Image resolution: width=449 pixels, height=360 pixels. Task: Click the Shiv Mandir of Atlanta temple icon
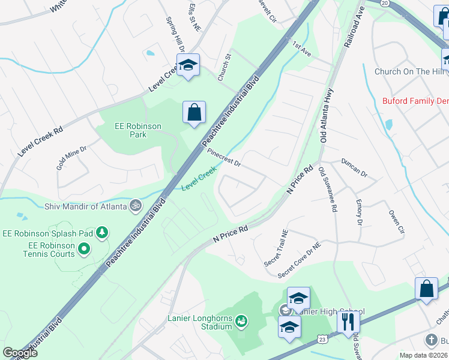(x=136, y=206)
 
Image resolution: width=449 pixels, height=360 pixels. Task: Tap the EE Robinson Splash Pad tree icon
(x=103, y=232)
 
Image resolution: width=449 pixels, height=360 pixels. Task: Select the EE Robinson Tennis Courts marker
(x=85, y=248)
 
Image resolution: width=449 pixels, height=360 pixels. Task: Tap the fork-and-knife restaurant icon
(x=348, y=322)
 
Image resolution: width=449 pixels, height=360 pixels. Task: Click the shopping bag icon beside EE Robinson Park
(x=194, y=112)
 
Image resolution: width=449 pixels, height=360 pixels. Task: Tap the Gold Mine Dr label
(x=72, y=157)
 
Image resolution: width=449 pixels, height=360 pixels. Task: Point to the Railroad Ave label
(x=354, y=28)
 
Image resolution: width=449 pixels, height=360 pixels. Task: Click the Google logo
(x=20, y=353)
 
